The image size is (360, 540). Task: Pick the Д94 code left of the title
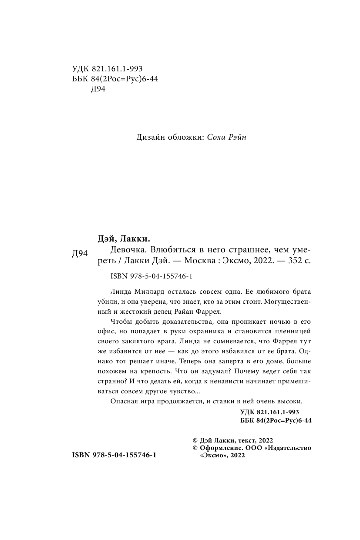[x=80, y=254]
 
